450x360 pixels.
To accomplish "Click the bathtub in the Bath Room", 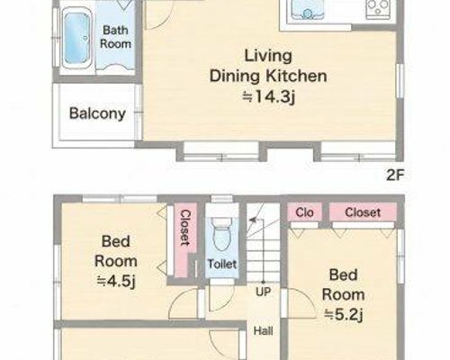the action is [77, 38].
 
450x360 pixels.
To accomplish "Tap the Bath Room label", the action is [115, 37].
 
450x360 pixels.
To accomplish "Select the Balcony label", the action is [97, 113].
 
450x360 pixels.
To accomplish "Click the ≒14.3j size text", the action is [269, 96].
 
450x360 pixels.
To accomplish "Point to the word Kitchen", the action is [296, 76].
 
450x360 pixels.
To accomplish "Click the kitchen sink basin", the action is [308, 10].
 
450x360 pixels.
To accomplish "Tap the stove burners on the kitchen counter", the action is [378, 8].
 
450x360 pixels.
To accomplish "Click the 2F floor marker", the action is [395, 175].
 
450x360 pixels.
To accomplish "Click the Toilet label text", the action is [222, 264].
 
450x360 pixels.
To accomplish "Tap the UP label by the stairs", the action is [264, 292].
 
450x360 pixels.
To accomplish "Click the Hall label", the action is [263, 331].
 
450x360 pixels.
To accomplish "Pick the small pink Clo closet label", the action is [304, 212].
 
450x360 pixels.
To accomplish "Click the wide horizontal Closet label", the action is [363, 212].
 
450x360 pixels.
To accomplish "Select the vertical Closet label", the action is [185, 228].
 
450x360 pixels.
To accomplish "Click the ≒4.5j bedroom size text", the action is [116, 281].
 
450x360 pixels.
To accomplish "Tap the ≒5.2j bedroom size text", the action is [344, 315].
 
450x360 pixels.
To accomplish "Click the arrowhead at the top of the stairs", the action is [253, 220].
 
